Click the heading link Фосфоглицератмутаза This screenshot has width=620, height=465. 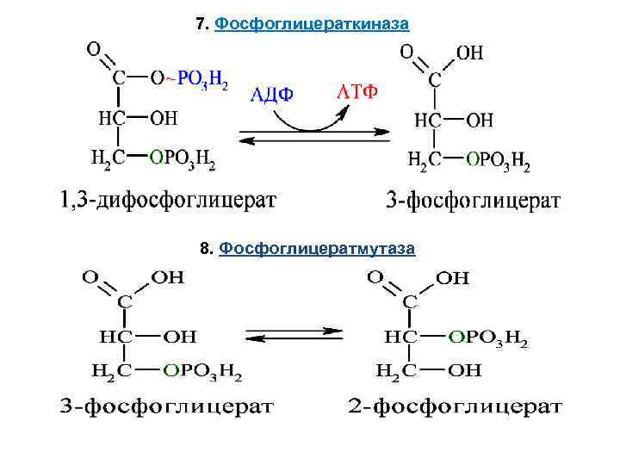tap(317, 249)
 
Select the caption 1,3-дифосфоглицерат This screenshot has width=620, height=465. tap(169, 201)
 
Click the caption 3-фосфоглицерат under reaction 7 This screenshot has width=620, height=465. tap(474, 201)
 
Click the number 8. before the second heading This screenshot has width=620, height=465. tap(206, 249)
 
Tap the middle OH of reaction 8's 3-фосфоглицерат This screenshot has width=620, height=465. tap(179, 336)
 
